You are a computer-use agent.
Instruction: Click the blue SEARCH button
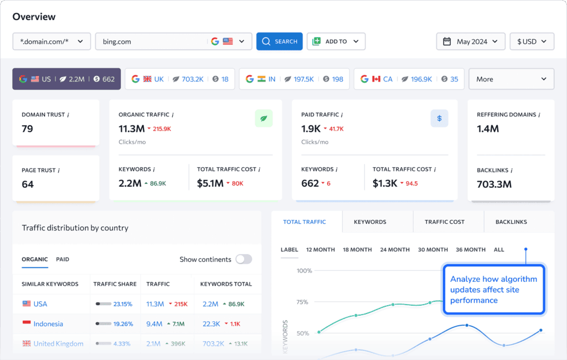(x=279, y=42)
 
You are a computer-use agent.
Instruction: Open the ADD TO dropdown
(x=336, y=42)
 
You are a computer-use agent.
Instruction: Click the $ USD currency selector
(x=532, y=42)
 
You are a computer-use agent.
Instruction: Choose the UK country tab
(x=179, y=79)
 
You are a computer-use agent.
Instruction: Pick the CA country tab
(x=409, y=79)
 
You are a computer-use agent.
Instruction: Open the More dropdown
(x=511, y=79)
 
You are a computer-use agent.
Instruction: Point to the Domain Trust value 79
(x=28, y=129)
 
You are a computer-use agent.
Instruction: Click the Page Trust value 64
(x=28, y=184)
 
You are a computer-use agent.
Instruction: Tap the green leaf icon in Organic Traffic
(x=264, y=119)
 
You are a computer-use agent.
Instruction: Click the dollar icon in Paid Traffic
(x=439, y=119)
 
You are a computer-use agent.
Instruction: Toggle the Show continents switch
(x=244, y=259)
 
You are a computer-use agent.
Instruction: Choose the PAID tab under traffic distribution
(x=63, y=259)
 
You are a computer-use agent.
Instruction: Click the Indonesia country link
(x=48, y=324)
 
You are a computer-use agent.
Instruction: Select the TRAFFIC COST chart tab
(x=444, y=222)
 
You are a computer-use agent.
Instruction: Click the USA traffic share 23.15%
(x=123, y=304)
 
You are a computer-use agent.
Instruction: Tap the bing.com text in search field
(x=117, y=42)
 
